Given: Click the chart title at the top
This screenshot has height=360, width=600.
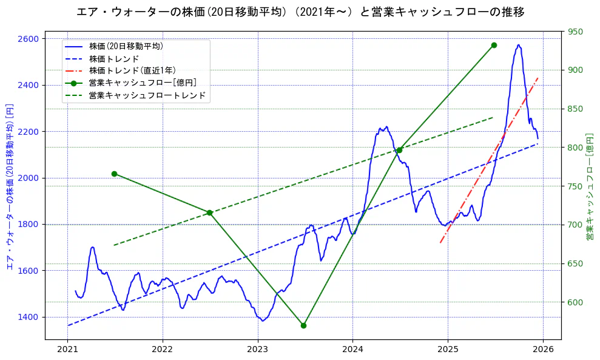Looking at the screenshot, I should click(x=300, y=12).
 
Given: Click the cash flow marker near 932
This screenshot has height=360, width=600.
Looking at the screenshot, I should click(x=494, y=45).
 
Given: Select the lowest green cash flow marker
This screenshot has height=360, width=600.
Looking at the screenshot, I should click(x=303, y=325).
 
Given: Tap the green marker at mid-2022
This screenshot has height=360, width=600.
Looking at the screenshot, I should click(x=209, y=212).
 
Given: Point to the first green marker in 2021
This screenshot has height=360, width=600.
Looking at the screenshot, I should click(x=114, y=174).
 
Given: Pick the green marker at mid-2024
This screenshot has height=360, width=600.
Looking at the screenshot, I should click(x=399, y=150).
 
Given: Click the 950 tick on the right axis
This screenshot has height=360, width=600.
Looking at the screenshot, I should click(x=575, y=32).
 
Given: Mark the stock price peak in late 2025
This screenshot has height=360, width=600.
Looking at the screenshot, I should click(x=518, y=45).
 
